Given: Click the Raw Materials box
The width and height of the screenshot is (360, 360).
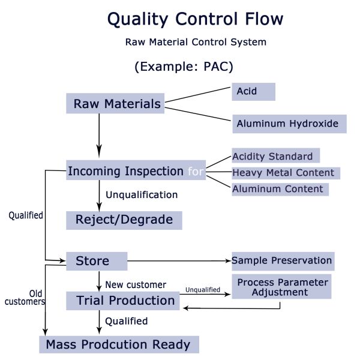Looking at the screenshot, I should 115,104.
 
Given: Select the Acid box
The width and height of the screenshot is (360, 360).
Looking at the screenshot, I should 253,92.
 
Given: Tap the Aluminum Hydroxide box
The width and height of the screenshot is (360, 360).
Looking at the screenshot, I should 287,124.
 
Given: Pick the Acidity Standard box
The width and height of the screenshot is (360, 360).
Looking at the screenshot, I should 275,156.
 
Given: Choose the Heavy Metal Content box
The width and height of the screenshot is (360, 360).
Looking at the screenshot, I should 285,173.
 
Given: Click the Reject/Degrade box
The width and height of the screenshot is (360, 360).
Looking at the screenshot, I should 124,220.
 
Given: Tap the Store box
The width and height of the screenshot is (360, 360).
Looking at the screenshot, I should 96,261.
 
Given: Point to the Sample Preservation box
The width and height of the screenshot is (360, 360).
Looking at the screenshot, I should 281,260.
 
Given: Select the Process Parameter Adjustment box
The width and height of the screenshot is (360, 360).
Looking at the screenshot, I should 281,287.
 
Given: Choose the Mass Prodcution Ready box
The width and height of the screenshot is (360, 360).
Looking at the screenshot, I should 118,344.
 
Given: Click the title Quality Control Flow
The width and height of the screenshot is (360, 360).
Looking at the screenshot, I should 195,19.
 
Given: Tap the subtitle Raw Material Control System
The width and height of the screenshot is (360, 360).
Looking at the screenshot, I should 196,43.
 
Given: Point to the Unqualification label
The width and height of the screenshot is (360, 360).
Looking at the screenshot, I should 142,194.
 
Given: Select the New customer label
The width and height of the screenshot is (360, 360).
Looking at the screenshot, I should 136,284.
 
